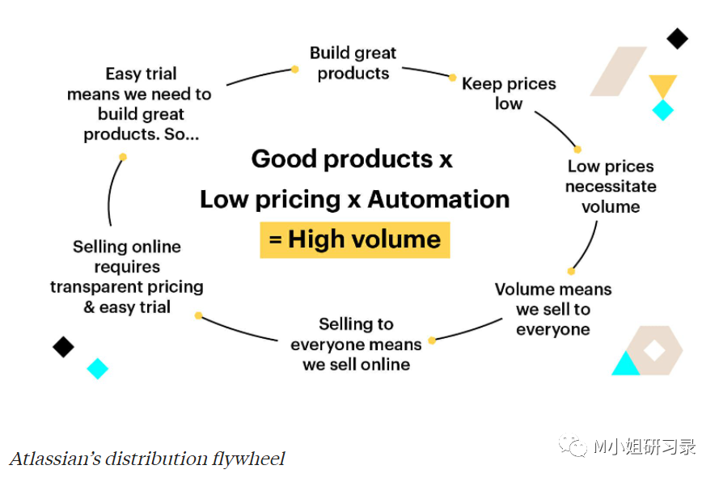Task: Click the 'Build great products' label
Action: pyautogui.click(x=353, y=64)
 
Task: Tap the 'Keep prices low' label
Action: pyautogui.click(x=509, y=94)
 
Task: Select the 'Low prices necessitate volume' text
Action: pyautogui.click(x=611, y=187)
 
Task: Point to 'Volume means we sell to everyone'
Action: pyautogui.click(x=553, y=309)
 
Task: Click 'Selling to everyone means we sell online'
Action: pyautogui.click(x=356, y=345)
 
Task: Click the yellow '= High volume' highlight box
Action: pyautogui.click(x=354, y=239)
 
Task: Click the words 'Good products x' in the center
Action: pyautogui.click(x=352, y=159)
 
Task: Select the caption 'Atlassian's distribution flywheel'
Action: pyautogui.click(x=147, y=459)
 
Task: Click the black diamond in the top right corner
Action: pyautogui.click(x=677, y=37)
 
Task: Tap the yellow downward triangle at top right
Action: pyautogui.click(x=662, y=85)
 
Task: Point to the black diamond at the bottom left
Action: pyautogui.click(x=63, y=347)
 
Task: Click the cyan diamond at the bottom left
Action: pyautogui.click(x=97, y=369)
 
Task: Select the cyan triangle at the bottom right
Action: pyautogui.click(x=625, y=365)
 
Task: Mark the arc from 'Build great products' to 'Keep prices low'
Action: pyautogui.click(x=426, y=71)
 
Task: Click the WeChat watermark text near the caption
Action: pyautogui.click(x=645, y=446)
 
